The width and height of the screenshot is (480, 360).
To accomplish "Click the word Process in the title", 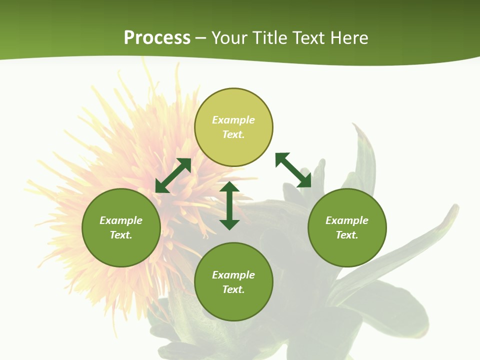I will [x=157, y=38].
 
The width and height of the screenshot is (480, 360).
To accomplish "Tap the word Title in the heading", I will [x=273, y=38].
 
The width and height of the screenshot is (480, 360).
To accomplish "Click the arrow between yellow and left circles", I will [x=173, y=175].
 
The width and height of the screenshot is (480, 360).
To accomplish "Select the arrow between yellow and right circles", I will [x=293, y=170].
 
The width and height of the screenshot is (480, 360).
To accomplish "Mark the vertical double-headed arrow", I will [x=229, y=205].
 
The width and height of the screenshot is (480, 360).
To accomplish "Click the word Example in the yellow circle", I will [x=233, y=120].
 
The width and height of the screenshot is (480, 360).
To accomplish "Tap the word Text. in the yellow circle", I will [x=233, y=134].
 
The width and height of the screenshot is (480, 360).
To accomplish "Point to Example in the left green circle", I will [x=121, y=220].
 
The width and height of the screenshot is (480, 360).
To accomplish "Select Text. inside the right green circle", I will [x=347, y=235].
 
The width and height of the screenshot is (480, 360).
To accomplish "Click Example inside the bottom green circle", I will [x=233, y=275].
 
